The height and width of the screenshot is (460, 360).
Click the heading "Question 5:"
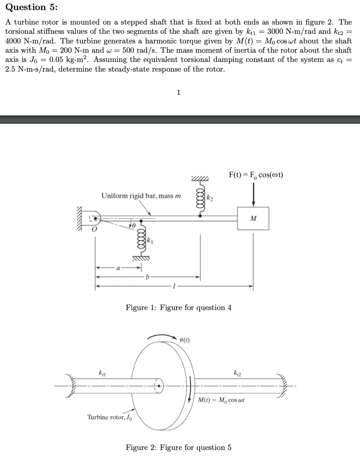tap(26, 7)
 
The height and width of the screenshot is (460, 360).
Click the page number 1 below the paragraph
tap(179, 92)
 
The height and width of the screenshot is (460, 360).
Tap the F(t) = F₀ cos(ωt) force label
tap(256, 175)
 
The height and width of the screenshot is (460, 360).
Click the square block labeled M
tap(253, 218)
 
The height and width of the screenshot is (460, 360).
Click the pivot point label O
tap(94, 230)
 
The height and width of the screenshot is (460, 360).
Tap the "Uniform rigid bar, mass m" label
tap(141, 196)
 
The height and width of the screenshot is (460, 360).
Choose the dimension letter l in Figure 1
tap(174, 286)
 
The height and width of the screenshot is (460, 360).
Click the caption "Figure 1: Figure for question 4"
tap(178, 308)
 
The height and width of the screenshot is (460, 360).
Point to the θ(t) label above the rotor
tap(184, 340)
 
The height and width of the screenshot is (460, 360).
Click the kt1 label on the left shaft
tap(102, 373)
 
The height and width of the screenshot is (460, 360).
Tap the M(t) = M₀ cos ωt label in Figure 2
tap(221, 400)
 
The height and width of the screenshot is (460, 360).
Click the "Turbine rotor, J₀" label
tap(109, 417)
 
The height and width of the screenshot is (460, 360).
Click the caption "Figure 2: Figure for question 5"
tap(178, 448)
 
